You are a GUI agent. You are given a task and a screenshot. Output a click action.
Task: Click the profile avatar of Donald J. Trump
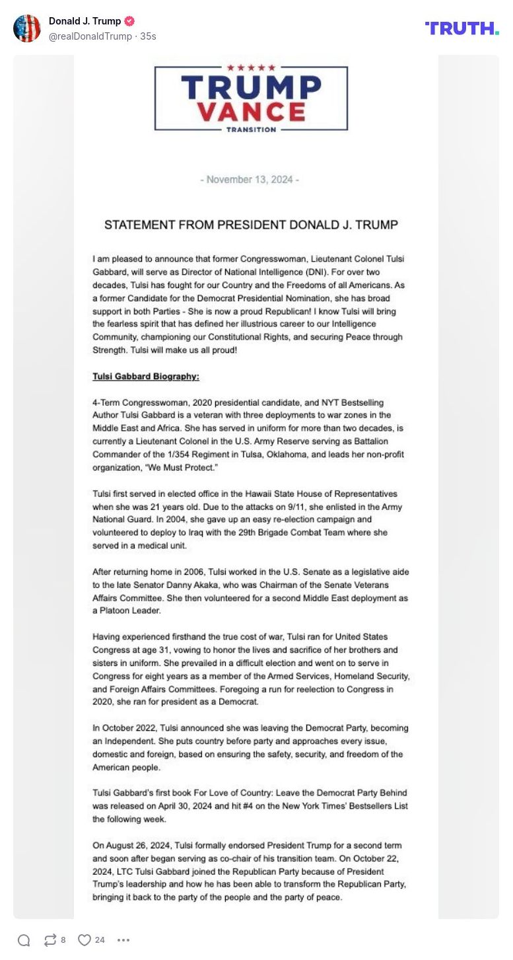click(27, 28)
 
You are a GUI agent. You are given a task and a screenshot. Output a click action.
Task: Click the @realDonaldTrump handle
click(90, 36)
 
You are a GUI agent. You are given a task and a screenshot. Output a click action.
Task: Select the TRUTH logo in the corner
click(462, 28)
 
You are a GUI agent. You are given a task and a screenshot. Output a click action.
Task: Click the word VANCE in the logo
click(251, 111)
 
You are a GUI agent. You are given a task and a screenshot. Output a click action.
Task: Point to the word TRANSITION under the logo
click(251, 129)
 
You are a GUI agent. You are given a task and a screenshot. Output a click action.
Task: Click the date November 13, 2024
click(250, 180)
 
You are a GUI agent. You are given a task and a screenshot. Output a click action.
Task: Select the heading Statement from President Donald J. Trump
click(251, 225)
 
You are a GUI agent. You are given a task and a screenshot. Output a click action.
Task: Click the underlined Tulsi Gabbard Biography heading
click(146, 377)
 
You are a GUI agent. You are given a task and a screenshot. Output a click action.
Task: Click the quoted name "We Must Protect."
click(184, 468)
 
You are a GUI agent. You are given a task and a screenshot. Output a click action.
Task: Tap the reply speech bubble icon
click(24, 940)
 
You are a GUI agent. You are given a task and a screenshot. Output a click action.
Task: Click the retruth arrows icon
click(50, 940)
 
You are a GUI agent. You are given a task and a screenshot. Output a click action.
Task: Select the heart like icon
click(85, 940)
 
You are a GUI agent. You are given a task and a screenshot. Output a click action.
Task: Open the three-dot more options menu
click(123, 940)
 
